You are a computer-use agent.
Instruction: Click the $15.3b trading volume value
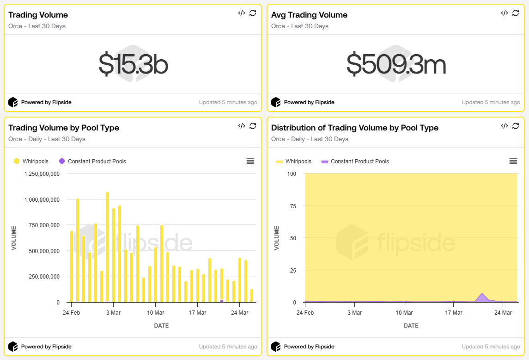[133, 65]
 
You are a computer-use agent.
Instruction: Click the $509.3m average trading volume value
[396, 65]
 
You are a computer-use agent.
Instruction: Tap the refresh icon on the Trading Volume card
[253, 13]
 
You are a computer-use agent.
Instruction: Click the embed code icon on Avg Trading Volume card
[504, 13]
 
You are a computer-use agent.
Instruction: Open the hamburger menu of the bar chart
[250, 161]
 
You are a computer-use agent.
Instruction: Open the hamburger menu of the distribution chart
[513, 161]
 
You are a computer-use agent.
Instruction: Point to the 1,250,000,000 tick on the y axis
[42, 174]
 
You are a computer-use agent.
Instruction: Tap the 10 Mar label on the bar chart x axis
[155, 313]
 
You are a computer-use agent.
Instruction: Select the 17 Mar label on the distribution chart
[453, 313]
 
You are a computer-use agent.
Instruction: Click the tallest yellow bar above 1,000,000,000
[108, 245]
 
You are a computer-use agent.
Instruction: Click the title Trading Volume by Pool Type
[64, 128]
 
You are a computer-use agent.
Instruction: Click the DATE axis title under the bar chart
[161, 326]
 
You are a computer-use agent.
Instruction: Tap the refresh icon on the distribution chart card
[516, 126]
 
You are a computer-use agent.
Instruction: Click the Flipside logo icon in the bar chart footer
[13, 347]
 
